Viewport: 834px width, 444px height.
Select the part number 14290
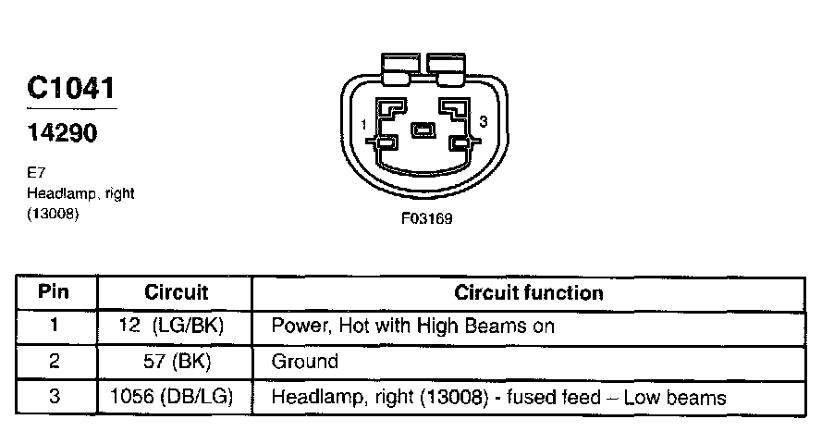click(61, 133)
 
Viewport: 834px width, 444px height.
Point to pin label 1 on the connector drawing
click(365, 124)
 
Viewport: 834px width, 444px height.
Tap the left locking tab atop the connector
click(399, 65)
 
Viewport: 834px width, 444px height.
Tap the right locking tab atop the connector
click(448, 65)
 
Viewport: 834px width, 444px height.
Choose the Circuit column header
click(177, 293)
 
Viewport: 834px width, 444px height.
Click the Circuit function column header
click(529, 293)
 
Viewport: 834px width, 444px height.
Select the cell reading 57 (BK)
click(176, 362)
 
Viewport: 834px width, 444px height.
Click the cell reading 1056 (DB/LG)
click(171, 398)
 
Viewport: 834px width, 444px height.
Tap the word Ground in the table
click(304, 362)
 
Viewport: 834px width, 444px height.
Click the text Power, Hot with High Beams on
click(412, 327)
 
